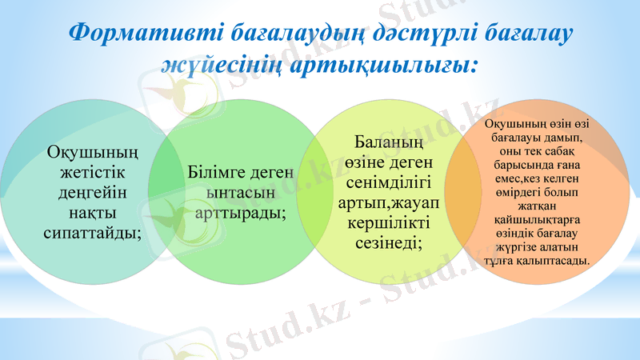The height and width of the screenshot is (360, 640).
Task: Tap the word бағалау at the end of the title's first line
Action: tap(535, 35)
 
